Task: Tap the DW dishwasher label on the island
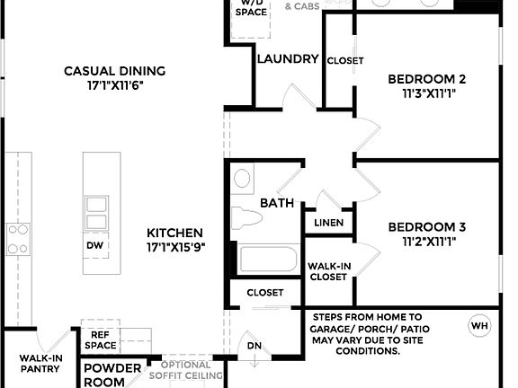[95, 244]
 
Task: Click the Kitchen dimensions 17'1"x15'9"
[176, 247]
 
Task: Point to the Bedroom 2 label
[426, 79]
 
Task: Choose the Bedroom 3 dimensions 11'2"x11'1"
[426, 242]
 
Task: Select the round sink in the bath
[243, 179]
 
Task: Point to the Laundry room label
[287, 60]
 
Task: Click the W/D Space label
[250, 8]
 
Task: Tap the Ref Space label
[99, 339]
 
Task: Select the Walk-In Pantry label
[40, 363]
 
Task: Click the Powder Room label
[112, 375]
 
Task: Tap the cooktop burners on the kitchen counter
[19, 240]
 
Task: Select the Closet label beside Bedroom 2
[345, 60]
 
